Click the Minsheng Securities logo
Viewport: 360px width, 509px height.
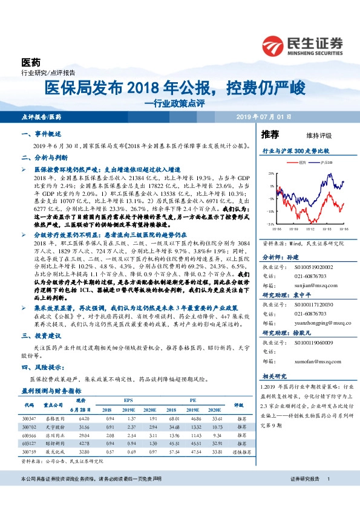[x=303, y=44]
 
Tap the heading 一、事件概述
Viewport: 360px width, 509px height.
[x=41, y=134]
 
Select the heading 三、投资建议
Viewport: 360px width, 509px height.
[x=41, y=351]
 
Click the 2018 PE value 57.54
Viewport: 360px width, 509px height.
[x=174, y=451]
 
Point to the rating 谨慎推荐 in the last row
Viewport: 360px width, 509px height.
[x=238, y=451]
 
